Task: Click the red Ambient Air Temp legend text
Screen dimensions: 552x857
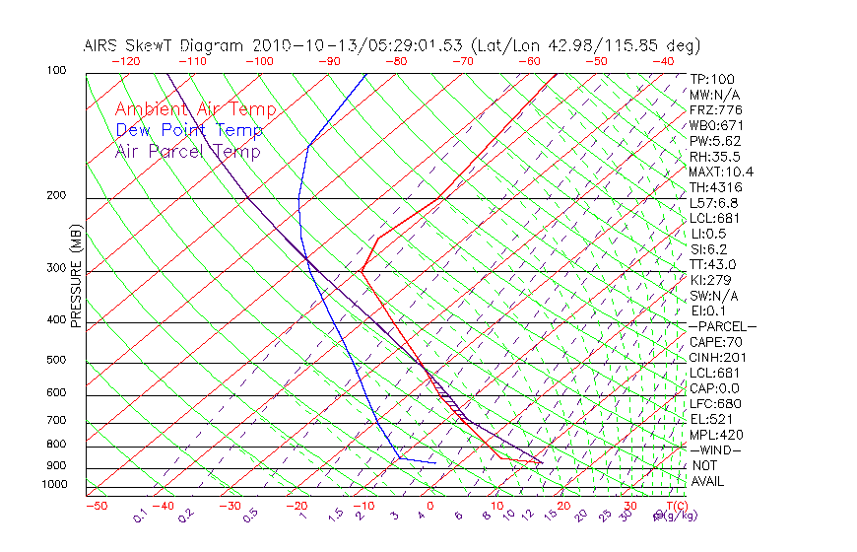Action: [195, 110]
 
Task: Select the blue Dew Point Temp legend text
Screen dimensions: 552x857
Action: [189, 131]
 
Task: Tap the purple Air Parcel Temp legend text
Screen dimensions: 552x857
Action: [187, 152]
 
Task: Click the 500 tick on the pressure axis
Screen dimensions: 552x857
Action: [55, 362]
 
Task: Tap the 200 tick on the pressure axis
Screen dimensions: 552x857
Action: [55, 196]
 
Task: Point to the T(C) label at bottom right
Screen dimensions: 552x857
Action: [674, 506]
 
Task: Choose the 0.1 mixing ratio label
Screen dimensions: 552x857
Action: [141, 516]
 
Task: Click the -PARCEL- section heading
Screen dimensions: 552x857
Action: [722, 326]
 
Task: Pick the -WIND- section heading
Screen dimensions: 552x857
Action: [716, 449]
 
